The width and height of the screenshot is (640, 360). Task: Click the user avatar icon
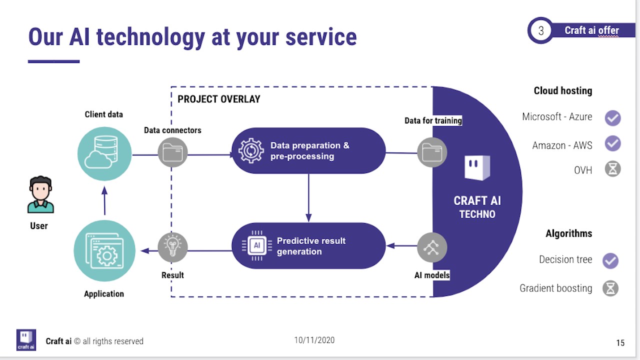coord(40,194)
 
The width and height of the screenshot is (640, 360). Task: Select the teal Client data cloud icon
coord(104,153)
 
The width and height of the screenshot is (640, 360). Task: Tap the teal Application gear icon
coord(104,251)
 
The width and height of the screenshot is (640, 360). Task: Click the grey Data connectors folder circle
coord(172,152)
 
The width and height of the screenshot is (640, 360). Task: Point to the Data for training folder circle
coord(432,152)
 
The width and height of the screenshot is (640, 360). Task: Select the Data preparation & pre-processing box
coord(309,151)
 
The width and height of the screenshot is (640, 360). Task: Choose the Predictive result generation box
coord(309,246)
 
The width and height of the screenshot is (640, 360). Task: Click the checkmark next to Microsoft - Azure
coord(612,118)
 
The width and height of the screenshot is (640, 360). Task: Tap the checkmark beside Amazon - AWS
coord(612,144)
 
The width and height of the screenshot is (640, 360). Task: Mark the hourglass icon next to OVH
coord(612,169)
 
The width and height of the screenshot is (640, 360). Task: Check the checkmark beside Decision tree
coord(610,260)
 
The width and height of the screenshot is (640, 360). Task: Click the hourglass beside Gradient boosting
coord(610,288)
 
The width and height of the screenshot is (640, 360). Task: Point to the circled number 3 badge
coord(541,30)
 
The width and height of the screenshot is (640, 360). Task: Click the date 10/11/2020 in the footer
coord(314,340)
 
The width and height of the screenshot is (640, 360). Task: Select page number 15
coord(620,343)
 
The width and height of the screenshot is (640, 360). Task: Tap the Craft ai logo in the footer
coord(26,339)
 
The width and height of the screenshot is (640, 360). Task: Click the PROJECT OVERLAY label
coord(219,99)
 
